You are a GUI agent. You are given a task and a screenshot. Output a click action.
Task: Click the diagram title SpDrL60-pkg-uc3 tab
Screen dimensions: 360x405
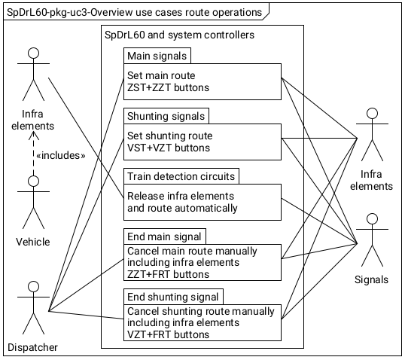coord(136,12)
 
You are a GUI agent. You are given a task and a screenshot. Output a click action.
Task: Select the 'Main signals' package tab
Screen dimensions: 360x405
coord(157,56)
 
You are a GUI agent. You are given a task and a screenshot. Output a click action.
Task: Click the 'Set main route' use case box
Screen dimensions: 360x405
coord(202,81)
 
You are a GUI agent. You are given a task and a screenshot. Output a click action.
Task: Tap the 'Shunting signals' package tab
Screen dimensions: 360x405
coord(166,116)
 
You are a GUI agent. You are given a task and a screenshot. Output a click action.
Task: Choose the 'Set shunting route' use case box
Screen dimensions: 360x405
coord(202,142)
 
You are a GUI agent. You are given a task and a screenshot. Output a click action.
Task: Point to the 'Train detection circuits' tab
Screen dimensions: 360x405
coord(181,176)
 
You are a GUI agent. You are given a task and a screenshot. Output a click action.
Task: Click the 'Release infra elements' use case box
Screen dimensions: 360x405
coord(202,202)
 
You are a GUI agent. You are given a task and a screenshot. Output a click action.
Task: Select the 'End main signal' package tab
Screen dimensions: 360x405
coord(164,236)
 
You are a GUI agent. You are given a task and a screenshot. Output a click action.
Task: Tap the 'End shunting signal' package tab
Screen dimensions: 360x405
coord(174,297)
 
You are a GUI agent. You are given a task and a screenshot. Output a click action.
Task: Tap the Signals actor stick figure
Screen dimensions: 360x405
coord(370,239)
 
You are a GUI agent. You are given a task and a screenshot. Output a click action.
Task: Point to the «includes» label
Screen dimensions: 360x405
coord(59,155)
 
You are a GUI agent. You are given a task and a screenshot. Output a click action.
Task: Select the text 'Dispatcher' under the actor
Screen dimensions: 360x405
coord(32,346)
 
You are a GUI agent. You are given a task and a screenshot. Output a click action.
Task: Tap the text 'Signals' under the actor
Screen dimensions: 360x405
coord(370,279)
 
